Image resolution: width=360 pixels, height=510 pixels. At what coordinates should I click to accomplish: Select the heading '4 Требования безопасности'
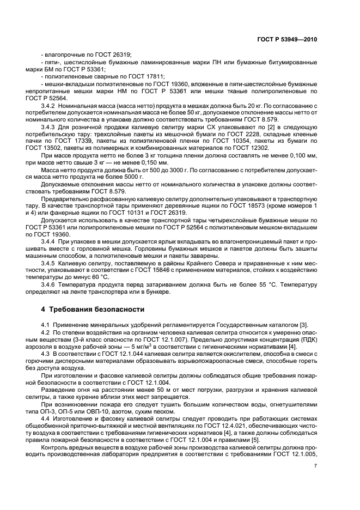(x=91, y=309)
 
